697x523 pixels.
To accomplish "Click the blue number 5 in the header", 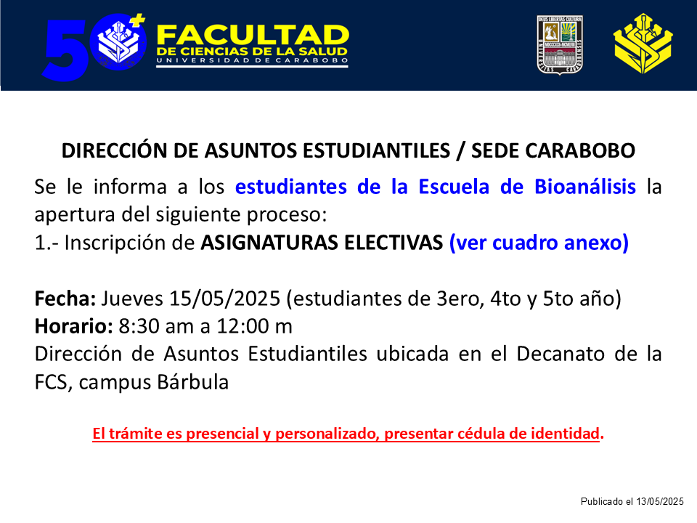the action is click(x=65, y=50).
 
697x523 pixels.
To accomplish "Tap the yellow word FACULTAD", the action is click(x=253, y=35).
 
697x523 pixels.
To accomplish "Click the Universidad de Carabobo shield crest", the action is click(x=560, y=45).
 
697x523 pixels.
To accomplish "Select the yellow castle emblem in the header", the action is click(x=643, y=44).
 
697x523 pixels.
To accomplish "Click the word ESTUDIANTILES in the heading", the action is click(x=376, y=151).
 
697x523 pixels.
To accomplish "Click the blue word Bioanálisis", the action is click(x=585, y=187).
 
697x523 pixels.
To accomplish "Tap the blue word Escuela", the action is click(x=454, y=187).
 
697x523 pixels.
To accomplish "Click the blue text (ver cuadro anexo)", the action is click(x=539, y=243).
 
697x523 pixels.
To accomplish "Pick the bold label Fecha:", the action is click(x=65, y=299).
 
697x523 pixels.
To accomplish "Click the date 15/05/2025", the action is click(x=224, y=299).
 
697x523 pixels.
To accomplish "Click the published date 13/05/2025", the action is click(x=660, y=502).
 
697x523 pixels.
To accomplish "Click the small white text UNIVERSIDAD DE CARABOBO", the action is click(x=252, y=60).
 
